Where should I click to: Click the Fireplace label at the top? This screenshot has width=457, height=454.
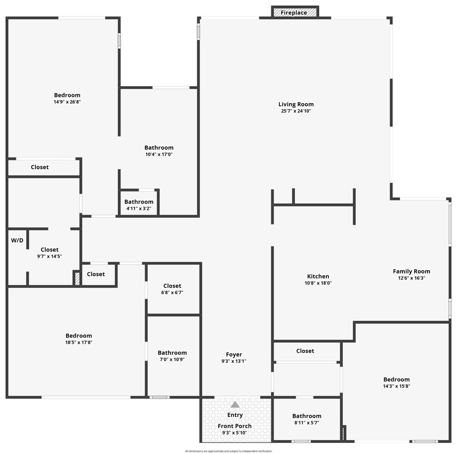[x=294, y=12]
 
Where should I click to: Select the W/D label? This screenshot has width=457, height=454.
[x=17, y=240]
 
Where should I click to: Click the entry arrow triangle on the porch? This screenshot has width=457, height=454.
[x=235, y=404]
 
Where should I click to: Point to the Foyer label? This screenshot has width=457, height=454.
[x=234, y=354]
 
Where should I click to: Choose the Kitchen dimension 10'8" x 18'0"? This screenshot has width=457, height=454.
[x=318, y=283]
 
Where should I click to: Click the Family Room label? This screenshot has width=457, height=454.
[x=411, y=271]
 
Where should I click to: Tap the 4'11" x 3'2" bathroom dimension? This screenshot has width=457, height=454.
[x=139, y=208]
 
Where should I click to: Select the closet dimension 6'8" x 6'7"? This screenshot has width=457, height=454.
[x=172, y=292]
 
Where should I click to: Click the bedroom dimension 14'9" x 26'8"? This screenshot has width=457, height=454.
[x=67, y=102]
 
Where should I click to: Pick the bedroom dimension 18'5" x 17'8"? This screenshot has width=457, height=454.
[x=79, y=342]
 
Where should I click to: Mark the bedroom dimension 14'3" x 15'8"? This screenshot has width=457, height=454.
[x=396, y=386]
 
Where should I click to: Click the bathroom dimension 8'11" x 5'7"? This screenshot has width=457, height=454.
[x=307, y=423]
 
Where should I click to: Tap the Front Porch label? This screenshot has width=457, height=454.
[x=235, y=426]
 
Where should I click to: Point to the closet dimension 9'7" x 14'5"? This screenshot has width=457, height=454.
[x=50, y=256]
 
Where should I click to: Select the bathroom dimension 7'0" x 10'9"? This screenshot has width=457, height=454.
[x=172, y=359]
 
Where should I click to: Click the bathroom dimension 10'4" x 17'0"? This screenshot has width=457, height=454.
[x=159, y=154]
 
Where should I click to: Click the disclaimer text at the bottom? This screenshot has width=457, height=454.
[x=228, y=451]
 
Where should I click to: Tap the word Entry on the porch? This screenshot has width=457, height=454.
[x=235, y=415]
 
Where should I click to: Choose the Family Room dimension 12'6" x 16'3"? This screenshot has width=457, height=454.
[x=411, y=278]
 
